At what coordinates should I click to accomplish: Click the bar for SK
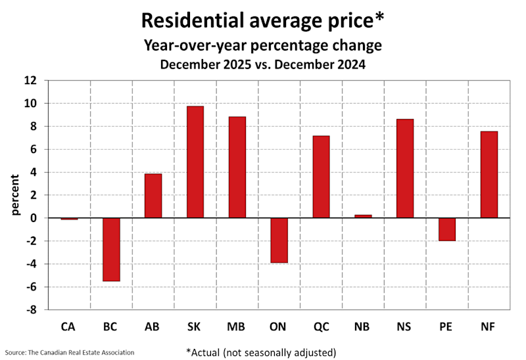(x=195, y=162)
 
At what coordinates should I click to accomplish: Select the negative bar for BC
(x=111, y=250)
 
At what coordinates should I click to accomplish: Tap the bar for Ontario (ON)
(x=279, y=240)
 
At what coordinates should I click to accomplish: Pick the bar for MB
(x=237, y=168)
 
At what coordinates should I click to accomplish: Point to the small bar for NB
(x=363, y=216)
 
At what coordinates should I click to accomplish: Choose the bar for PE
(x=446, y=229)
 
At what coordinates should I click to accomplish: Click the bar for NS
(x=404, y=169)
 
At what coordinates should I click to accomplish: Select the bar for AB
(x=153, y=196)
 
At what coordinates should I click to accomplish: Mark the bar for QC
(x=321, y=177)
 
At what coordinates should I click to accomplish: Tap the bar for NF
(x=489, y=175)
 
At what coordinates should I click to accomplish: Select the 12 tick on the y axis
(x=30, y=81)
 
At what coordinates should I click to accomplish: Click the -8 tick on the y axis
(x=30, y=310)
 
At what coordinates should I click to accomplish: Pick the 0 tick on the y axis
(x=34, y=218)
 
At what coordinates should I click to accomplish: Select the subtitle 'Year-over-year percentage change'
(x=262, y=47)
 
